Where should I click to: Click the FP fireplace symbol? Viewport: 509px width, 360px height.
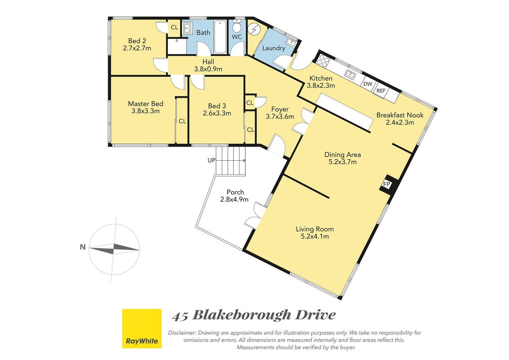click(387, 184)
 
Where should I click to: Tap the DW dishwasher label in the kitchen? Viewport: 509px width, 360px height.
click(368, 84)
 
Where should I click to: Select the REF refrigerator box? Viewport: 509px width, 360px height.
click(381, 90)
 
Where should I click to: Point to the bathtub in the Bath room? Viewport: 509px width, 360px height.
click(221, 37)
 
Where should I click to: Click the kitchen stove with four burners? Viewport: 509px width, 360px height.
click(323, 60)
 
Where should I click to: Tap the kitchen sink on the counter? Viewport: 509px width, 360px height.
click(351, 74)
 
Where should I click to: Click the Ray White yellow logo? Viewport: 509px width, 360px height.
click(142, 328)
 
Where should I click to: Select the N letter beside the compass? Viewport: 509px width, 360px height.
click(83, 247)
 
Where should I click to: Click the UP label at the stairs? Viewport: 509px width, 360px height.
click(212, 160)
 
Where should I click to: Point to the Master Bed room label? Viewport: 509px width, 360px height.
click(145, 104)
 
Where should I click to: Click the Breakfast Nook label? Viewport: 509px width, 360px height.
click(400, 115)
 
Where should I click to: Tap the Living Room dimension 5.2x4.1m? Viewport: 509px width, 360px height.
click(315, 236)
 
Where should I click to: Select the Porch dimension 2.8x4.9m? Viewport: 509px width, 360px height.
click(234, 199)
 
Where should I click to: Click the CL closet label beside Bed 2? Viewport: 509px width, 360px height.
click(174, 27)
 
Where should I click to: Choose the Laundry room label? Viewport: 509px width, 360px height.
click(274, 48)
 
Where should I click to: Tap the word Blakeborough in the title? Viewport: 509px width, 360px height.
click(242, 315)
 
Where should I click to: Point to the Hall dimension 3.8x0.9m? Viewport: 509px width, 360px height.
click(208, 69)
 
